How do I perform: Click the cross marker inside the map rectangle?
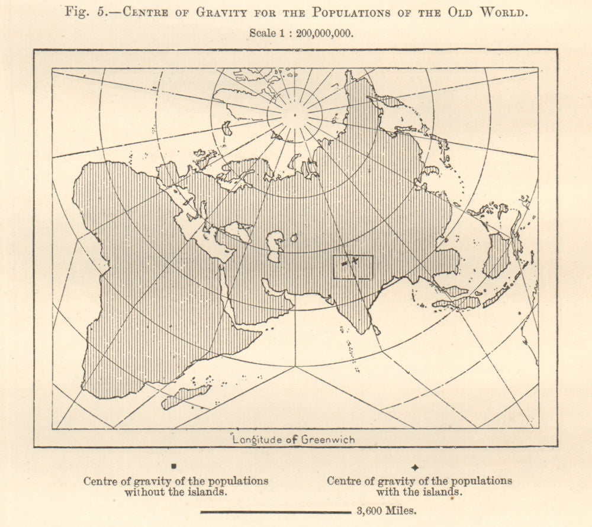(355, 260)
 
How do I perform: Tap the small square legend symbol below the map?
(173, 467)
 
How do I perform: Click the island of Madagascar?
(186, 396)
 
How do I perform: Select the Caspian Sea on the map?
(275, 246)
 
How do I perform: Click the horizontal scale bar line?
(276, 512)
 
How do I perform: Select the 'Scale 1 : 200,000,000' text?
(301, 33)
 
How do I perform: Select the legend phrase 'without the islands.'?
(175, 492)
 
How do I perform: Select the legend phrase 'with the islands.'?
(419, 492)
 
